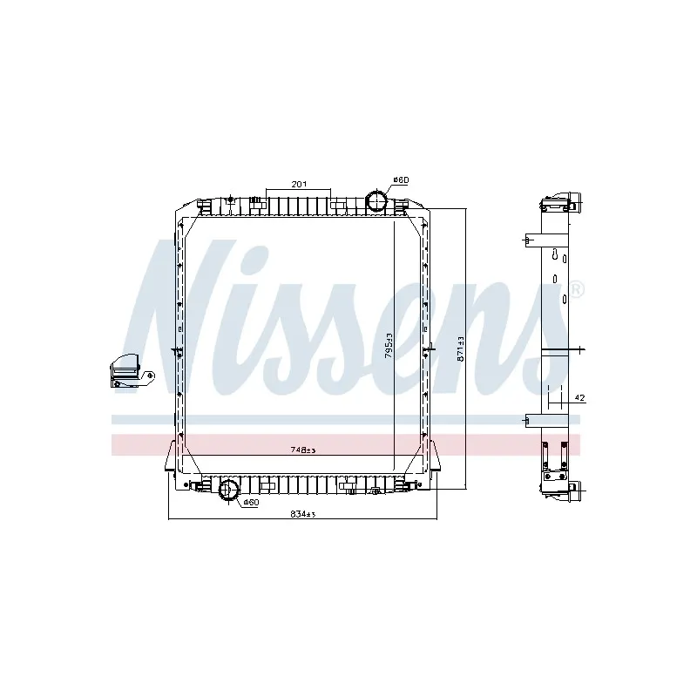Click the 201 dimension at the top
[x=299, y=184]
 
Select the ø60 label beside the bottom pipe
[x=250, y=503]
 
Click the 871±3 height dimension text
[x=462, y=348]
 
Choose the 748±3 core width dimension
[x=302, y=450]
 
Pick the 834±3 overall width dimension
[x=301, y=514]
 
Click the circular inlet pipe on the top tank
[x=377, y=200]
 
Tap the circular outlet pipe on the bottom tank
[x=229, y=491]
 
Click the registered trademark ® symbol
[x=577, y=288]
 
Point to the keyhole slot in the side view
[x=554, y=254]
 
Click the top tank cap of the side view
[x=558, y=202]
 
